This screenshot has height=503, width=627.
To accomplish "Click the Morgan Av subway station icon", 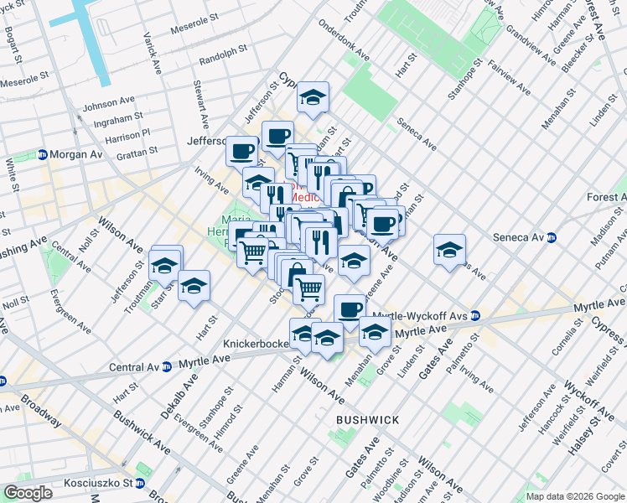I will point(41,155).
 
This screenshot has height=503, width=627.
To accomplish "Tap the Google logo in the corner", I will point(28,493).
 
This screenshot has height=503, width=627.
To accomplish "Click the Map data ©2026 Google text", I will point(575,496).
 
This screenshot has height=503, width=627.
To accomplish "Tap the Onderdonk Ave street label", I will point(345,41).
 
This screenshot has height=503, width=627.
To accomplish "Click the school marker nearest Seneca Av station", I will point(449,249).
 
